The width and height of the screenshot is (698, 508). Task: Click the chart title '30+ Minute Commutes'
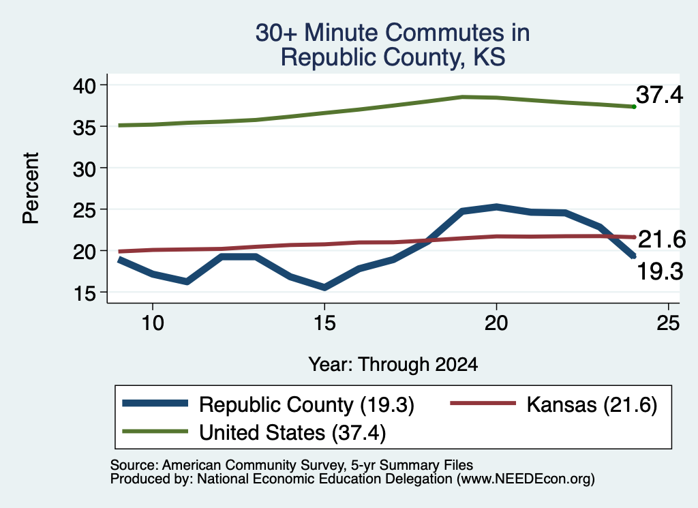[x=393, y=33]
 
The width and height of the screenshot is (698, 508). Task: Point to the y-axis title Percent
[x=31, y=188]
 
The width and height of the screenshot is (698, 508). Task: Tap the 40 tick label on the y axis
[x=84, y=85]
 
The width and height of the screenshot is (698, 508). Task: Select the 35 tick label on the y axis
[x=84, y=128]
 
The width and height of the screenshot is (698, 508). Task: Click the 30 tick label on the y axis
[x=84, y=168]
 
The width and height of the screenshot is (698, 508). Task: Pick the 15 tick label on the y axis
[x=84, y=293]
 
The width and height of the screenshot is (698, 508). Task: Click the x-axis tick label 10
[x=153, y=323]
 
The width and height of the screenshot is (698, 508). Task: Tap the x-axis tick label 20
[x=496, y=323]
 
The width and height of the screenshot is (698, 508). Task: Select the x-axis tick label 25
[x=668, y=323]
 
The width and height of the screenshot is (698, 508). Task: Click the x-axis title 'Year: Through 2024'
[x=393, y=365]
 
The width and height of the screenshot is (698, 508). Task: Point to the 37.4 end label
[x=659, y=95]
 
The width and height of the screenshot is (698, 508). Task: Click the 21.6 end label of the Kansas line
[x=662, y=239]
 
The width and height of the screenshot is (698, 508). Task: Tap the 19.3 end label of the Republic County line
[x=660, y=271]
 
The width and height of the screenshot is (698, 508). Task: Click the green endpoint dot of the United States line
[x=634, y=107]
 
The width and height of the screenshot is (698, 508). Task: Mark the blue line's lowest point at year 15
[x=324, y=288]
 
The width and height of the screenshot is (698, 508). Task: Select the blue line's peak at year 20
[x=496, y=207]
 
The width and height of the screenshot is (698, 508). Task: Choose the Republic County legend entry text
[x=307, y=405]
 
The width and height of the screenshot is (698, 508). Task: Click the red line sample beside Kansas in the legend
[x=483, y=404]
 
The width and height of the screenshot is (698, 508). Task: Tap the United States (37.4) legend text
[x=292, y=433]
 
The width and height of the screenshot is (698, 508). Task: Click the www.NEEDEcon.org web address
[x=526, y=479]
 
